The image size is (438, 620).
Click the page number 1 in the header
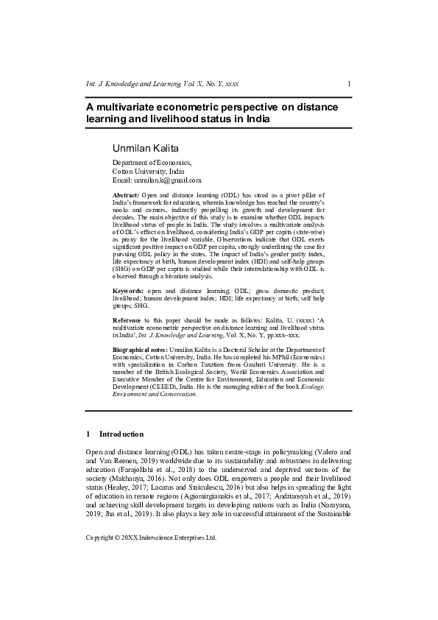click(x=349, y=84)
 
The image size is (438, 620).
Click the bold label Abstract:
click(x=125, y=194)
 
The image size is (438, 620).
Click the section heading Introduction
click(x=121, y=434)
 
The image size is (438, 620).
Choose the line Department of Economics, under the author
click(x=152, y=162)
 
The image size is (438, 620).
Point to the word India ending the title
click(x=256, y=119)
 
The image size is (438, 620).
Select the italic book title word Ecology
click(x=309, y=386)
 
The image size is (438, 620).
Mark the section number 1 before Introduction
click(x=88, y=434)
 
